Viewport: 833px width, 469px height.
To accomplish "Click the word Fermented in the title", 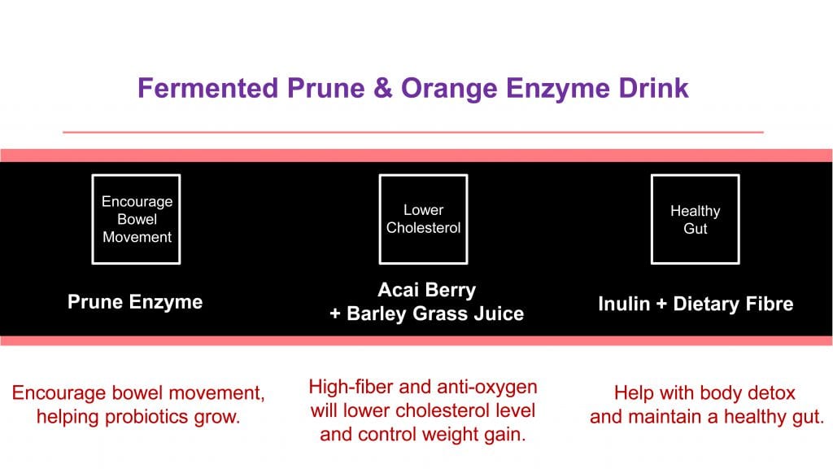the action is coord(207,88).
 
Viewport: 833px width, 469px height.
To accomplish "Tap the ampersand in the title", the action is coord(383,88).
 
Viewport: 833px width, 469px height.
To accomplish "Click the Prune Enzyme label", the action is coord(135,302).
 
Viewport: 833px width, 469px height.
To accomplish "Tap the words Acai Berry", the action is coord(426,290).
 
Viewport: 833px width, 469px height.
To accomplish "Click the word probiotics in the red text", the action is coord(146,417).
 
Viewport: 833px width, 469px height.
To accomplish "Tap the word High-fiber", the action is coord(351,387).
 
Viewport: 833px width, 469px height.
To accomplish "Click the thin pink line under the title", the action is coord(412,132).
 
